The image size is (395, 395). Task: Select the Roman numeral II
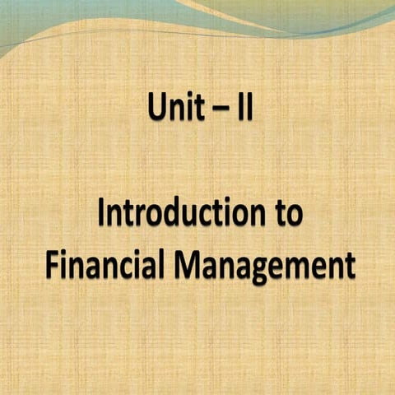(244, 108)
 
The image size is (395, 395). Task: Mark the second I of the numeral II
(250, 108)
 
